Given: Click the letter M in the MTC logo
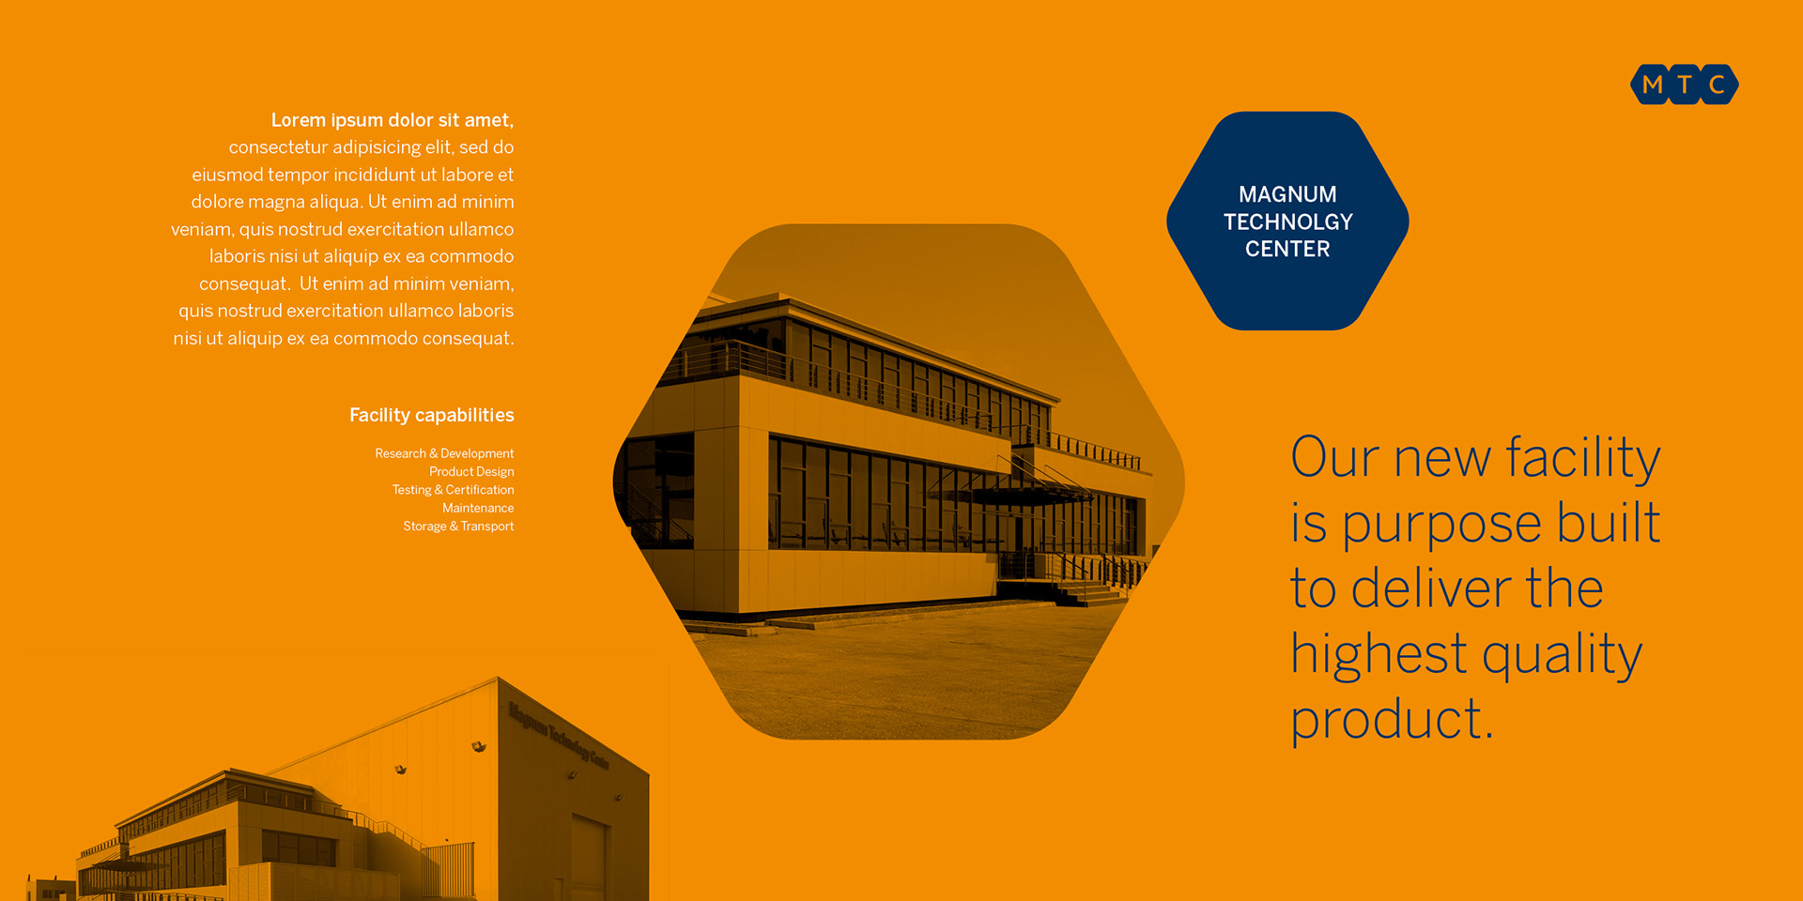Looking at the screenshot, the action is (1653, 84).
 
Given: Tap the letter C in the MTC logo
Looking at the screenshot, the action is (1717, 84).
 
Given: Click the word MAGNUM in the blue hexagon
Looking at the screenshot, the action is (1287, 194).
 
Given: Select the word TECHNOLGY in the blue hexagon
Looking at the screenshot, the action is (1287, 221).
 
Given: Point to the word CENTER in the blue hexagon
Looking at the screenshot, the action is (1287, 249).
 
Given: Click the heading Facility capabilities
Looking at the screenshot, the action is (432, 415).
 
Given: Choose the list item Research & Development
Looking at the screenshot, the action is (444, 453).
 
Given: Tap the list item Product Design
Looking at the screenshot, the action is (471, 471).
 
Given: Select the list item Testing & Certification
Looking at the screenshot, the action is (453, 490).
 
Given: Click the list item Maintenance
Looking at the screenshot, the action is (478, 508).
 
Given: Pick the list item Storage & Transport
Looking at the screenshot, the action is (458, 527).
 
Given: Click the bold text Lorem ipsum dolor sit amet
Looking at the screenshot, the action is (393, 120).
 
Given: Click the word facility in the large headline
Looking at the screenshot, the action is (1583, 459).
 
